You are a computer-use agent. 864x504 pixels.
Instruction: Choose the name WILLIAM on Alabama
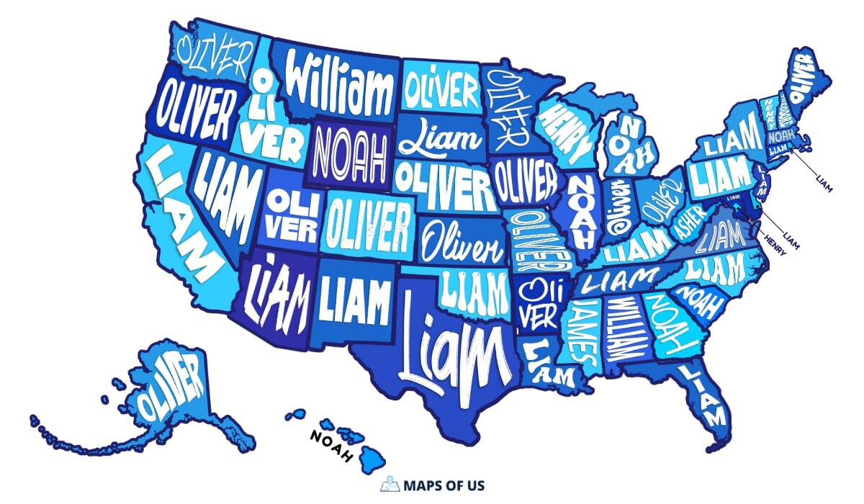(x=621, y=328)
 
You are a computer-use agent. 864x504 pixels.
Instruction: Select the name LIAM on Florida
(x=704, y=394)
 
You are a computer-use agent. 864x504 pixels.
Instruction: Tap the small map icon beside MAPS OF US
(x=389, y=484)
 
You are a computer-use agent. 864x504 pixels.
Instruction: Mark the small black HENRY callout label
(x=775, y=238)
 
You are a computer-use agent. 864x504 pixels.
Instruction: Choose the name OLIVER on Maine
(x=801, y=80)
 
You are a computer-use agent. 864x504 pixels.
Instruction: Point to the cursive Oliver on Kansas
(x=462, y=241)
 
